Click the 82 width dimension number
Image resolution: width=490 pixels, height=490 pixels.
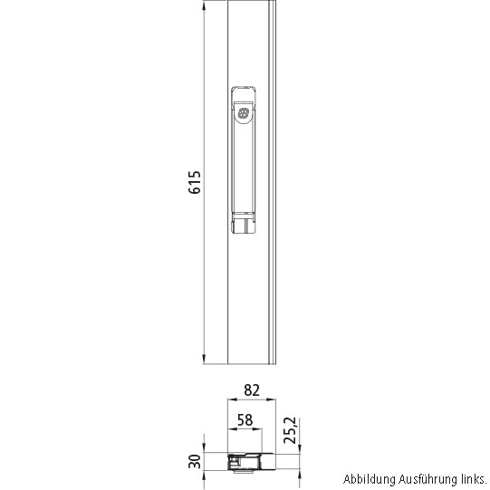pyautogui.click(x=252, y=390)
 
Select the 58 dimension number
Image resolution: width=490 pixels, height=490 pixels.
pyautogui.click(x=244, y=419)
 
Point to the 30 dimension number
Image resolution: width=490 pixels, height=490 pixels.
pyautogui.click(x=194, y=460)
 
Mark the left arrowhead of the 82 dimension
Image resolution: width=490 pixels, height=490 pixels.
pyautogui.click(x=229, y=401)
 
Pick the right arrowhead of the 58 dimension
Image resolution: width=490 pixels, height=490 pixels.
pyautogui.click(x=260, y=431)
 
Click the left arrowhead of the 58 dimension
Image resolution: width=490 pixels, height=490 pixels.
pyautogui.click(x=229, y=431)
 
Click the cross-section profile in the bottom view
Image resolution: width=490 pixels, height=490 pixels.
pyautogui.click(x=250, y=462)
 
